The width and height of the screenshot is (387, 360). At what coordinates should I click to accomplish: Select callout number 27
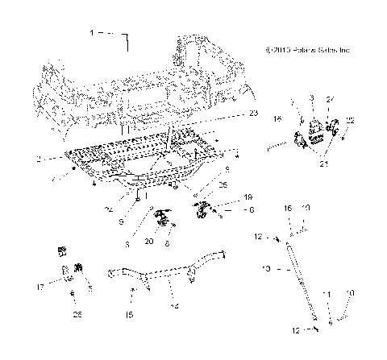tap(329, 98)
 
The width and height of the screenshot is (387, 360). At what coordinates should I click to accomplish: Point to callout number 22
tap(349, 120)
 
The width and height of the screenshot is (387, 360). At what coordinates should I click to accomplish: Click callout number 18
tap(278, 118)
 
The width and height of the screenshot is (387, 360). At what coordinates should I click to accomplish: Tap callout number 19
tap(225, 197)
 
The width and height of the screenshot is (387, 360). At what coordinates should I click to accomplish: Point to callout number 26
tap(78, 313)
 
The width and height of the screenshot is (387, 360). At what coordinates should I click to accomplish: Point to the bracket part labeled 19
tap(202, 212)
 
